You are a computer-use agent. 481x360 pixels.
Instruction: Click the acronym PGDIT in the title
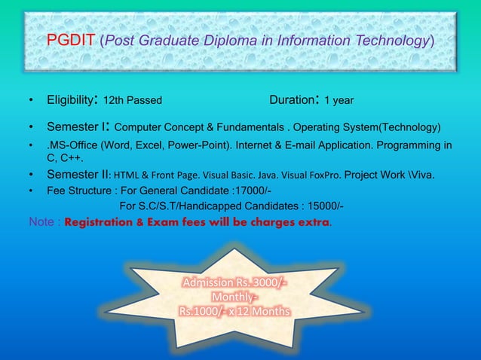pyautogui.click(x=71, y=40)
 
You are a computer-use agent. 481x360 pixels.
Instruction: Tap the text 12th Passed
pyautogui.click(x=132, y=100)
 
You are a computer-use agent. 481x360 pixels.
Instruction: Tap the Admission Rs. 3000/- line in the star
pyautogui.click(x=234, y=283)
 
